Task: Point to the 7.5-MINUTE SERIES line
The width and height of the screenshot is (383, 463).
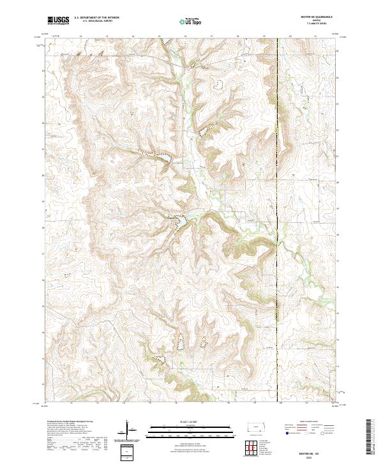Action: tap(322, 24)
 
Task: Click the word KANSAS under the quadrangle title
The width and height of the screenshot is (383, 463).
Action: tap(322, 19)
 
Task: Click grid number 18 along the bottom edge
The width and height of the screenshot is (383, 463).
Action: tap(228, 404)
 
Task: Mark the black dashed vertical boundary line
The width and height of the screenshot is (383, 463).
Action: tap(278, 192)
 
